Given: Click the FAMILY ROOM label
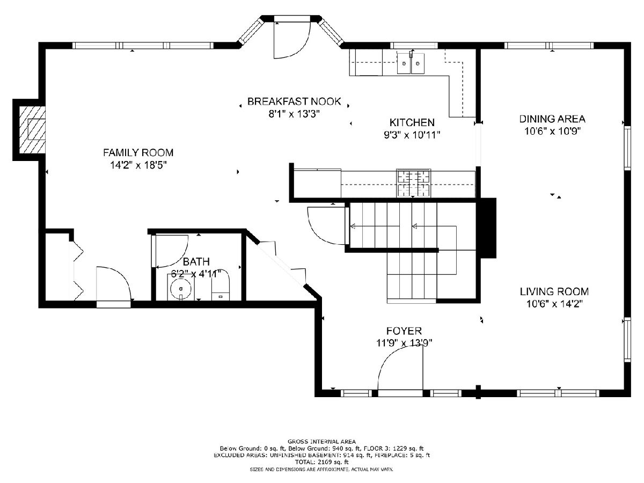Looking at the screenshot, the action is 138,152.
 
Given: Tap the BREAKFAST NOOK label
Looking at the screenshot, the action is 294,101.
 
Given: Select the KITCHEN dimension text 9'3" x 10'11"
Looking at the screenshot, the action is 412,135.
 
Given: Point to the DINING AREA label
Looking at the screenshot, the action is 552,119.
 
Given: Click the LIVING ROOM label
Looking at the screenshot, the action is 554,291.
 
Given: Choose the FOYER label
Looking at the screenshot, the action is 404,331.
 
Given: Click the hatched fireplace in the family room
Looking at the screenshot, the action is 32,130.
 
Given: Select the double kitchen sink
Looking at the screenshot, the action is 411,63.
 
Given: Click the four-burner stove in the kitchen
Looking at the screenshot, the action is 414,182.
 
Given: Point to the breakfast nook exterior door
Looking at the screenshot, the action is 292,38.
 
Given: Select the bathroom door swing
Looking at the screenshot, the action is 171,252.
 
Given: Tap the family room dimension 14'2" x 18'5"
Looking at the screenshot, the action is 138,165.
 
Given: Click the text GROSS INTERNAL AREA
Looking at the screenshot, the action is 321,441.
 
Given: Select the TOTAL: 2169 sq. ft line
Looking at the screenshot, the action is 322,462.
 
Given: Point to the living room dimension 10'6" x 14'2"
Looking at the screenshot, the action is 554,304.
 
